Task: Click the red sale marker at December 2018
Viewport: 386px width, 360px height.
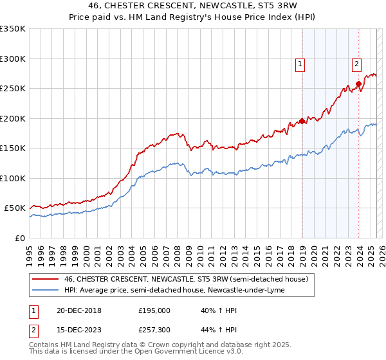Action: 302,121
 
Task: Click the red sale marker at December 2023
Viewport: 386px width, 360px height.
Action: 358,84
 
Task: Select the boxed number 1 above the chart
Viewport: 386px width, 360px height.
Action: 300,63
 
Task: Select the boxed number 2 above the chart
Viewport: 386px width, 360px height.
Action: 356,63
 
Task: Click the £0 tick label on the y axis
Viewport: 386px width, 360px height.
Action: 19,238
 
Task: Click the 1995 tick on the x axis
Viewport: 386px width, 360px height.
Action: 30,251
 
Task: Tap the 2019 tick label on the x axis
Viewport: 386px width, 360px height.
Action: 302,251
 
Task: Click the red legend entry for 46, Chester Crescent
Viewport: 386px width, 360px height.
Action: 187,279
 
